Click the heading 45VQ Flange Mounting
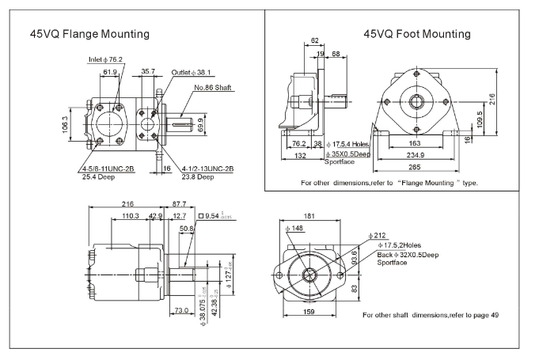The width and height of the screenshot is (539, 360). click(89, 35)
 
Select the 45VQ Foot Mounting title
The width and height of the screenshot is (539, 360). click(417, 34)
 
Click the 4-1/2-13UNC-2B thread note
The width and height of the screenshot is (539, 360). click(208, 169)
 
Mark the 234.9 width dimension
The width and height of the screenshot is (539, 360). click(418, 156)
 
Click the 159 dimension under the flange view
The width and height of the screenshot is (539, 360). click(309, 312)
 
